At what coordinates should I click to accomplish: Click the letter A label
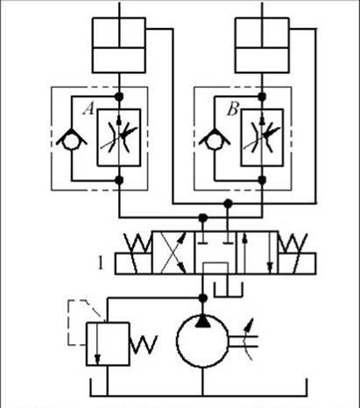click(88, 109)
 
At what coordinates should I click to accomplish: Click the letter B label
click(233, 109)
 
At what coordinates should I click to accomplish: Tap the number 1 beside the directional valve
click(101, 263)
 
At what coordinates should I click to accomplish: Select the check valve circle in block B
click(215, 141)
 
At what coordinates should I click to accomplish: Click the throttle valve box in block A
click(119, 137)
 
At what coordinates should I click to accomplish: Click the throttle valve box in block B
click(262, 137)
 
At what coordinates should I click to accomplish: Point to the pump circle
click(202, 341)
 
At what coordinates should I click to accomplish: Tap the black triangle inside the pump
click(202, 321)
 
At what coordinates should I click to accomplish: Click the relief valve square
click(108, 344)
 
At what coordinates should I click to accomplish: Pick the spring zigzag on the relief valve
click(143, 344)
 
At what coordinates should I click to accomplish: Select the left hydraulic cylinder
click(119, 46)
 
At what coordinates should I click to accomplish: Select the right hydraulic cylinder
click(262, 46)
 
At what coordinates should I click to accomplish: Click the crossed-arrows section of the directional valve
click(173, 253)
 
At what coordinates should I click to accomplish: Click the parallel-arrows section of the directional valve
click(258, 253)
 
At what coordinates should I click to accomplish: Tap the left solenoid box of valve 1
click(133, 264)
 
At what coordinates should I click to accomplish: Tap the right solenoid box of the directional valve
click(297, 264)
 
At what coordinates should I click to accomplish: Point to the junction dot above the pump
click(202, 298)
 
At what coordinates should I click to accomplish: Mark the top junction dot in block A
click(119, 96)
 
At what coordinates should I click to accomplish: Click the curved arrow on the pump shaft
click(249, 340)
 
